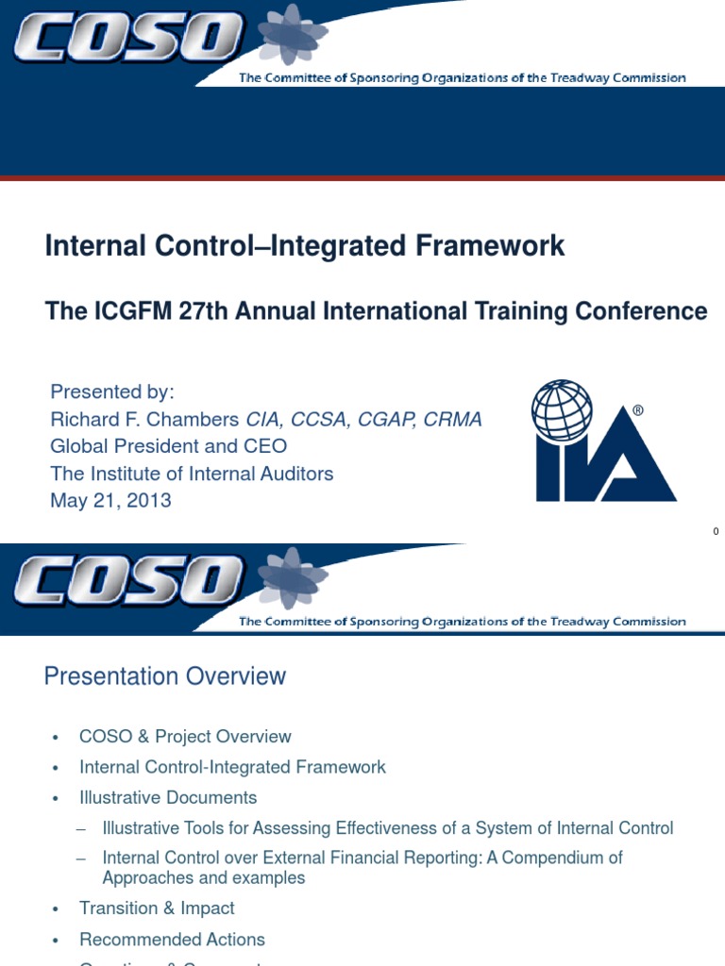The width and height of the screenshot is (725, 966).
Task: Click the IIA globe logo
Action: [x=603, y=441]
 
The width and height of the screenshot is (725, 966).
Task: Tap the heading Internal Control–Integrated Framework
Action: [x=305, y=246]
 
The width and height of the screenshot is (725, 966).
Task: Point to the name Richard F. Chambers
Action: [x=145, y=419]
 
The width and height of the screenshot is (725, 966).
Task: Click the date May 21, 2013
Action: [x=110, y=501]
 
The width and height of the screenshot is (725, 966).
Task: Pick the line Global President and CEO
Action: [x=168, y=446]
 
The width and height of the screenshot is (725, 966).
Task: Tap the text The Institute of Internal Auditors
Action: [x=192, y=474]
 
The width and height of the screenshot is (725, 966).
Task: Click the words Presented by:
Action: [x=112, y=391]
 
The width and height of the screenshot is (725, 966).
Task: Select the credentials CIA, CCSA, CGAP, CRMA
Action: [x=364, y=419]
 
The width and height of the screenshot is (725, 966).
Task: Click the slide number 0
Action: [x=716, y=532]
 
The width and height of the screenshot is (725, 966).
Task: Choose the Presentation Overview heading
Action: [x=165, y=676]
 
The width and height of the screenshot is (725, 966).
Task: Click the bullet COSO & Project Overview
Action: [x=185, y=737]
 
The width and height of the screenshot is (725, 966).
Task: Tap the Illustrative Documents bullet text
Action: [x=168, y=798]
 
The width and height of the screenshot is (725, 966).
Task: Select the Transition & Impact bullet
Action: [x=157, y=908]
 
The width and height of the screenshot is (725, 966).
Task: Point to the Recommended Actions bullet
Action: [x=172, y=940]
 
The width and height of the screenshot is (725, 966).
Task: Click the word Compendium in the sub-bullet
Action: [x=560, y=858]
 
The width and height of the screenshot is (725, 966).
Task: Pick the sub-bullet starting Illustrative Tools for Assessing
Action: [x=387, y=828]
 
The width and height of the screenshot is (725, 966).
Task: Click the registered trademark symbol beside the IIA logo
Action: [x=639, y=411]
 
